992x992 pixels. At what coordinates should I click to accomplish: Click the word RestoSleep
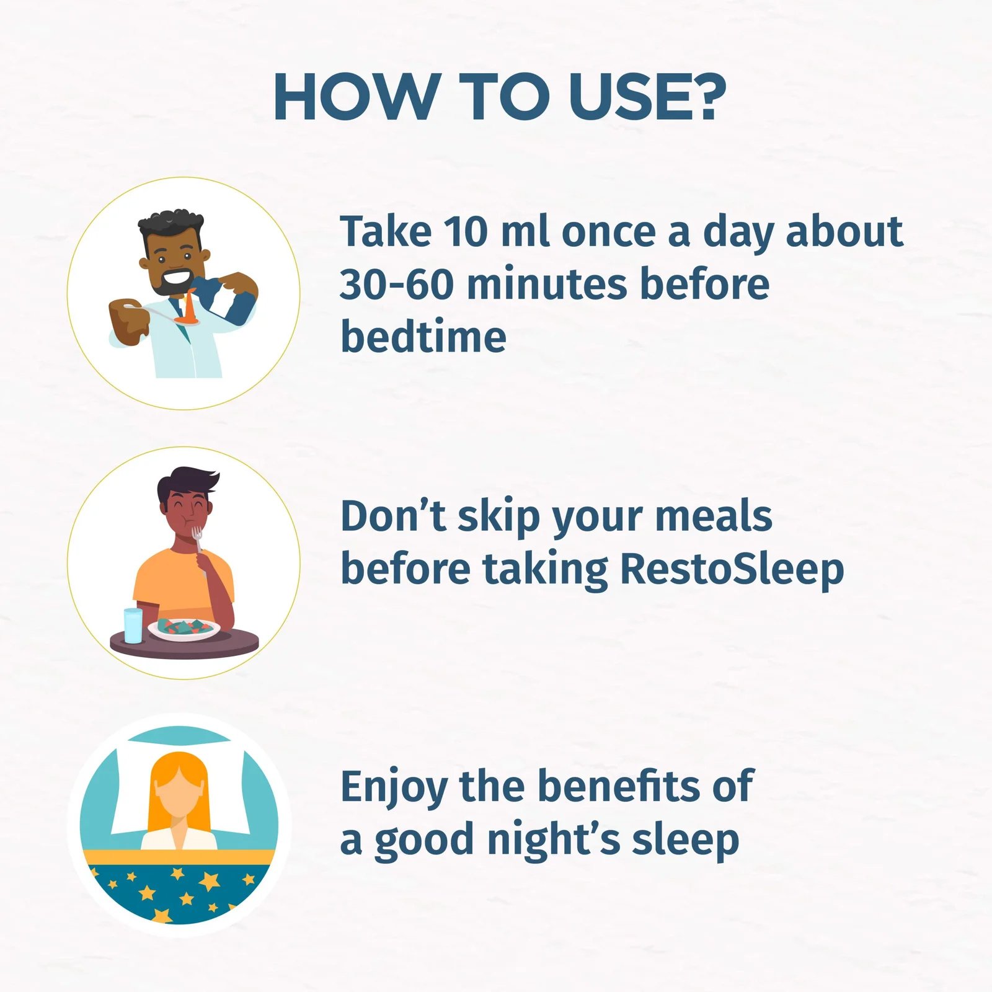coord(732,569)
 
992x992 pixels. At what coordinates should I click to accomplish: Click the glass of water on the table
coord(133,625)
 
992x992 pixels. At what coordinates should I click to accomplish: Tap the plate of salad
coord(184,629)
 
